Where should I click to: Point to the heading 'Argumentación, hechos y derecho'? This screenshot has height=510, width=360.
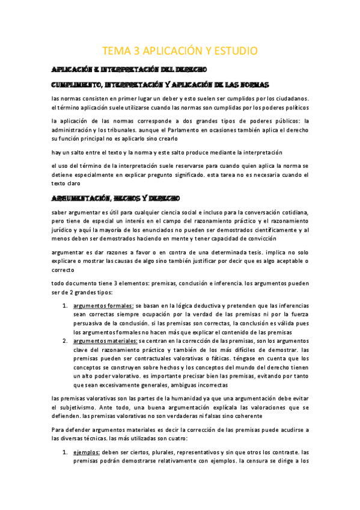(114, 197)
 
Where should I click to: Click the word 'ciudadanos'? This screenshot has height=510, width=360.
(288, 98)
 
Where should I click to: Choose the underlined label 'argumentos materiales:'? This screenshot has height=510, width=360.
(106, 340)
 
